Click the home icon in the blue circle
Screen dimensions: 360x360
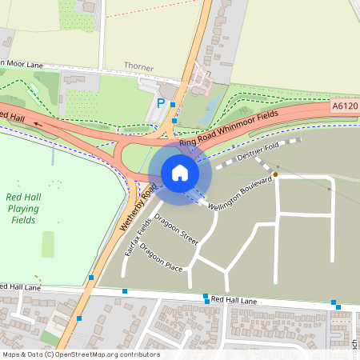[180, 172]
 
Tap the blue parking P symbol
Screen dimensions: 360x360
[161, 103]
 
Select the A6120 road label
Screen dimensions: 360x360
[344, 105]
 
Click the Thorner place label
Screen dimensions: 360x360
[138, 66]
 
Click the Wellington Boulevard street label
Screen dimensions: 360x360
[241, 194]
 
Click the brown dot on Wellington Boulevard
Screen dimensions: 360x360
[275, 174]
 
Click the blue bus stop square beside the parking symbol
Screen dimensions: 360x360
[173, 104]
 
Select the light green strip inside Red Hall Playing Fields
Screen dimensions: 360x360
[48, 245]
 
